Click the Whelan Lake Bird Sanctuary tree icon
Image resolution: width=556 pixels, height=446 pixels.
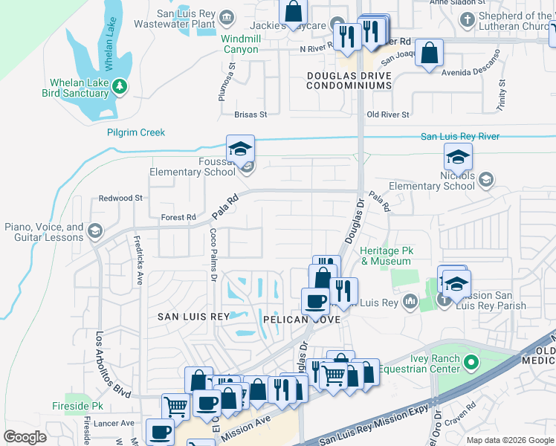tap(120, 88)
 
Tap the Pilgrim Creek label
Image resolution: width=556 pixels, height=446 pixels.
tap(135, 132)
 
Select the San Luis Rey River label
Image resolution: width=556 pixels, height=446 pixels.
tap(459, 136)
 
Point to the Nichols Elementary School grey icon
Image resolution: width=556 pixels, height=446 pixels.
tap(485, 178)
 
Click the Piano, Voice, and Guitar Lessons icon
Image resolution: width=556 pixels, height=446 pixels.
tap(94, 231)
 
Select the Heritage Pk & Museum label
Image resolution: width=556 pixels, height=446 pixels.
tap(386, 256)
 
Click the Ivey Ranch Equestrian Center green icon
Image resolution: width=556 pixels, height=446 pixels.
tap(470, 363)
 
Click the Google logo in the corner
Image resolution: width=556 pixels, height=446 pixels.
tap(25, 436)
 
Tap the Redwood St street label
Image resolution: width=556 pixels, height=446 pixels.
tap(120, 198)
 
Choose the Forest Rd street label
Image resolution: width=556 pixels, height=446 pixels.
tap(178, 218)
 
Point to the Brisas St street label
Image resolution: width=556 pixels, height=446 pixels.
tap(250, 115)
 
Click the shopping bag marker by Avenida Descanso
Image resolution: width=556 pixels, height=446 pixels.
tap(429, 53)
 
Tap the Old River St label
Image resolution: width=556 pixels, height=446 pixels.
tap(388, 114)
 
